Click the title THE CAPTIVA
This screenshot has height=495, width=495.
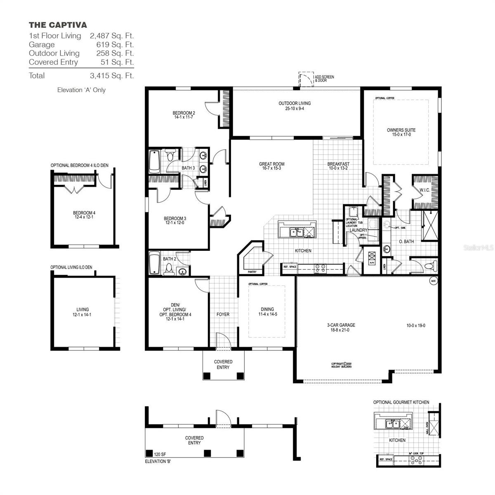(x=58, y=25)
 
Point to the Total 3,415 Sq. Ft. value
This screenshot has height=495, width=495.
(x=112, y=75)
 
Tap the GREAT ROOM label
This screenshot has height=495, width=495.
(x=271, y=164)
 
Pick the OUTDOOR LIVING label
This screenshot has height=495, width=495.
(x=295, y=104)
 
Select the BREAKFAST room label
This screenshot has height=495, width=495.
(x=338, y=164)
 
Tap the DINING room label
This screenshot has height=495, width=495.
(x=267, y=309)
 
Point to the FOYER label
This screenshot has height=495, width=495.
(x=223, y=314)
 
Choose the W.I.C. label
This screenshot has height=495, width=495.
(x=425, y=190)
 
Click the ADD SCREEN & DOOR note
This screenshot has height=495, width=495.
(x=324, y=79)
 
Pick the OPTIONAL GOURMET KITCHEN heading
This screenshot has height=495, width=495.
(x=401, y=402)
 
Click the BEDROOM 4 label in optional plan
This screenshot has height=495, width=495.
(x=84, y=213)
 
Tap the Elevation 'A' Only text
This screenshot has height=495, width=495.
(x=81, y=90)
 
